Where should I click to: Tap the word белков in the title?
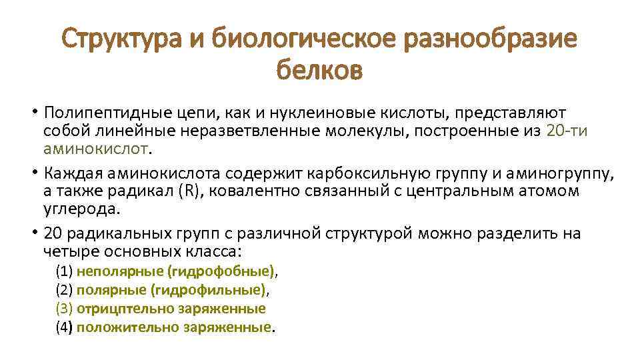[319, 69]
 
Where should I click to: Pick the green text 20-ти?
[567, 130]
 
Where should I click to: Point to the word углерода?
[81, 208]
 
